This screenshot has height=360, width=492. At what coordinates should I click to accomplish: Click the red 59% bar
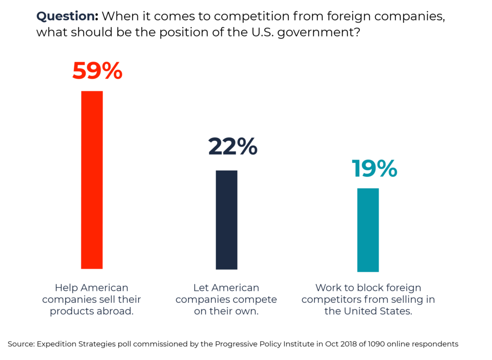92,179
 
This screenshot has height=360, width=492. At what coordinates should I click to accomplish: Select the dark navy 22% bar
226,220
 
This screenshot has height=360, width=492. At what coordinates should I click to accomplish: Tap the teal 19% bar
368,230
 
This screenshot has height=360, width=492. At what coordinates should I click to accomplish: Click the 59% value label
98,71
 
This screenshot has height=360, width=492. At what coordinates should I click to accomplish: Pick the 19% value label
374,168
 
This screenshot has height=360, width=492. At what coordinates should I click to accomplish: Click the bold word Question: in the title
67,16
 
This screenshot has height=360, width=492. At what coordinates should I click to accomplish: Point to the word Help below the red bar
66,288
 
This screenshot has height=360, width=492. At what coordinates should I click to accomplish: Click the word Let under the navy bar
201,288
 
